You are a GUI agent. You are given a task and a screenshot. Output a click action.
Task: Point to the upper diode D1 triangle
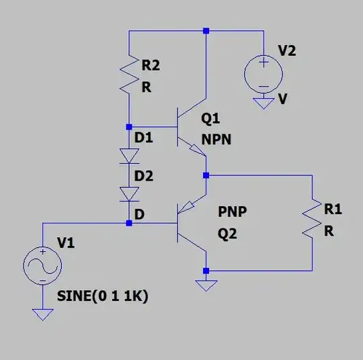(x=128, y=155)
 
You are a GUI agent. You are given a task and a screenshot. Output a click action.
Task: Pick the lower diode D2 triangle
(x=128, y=193)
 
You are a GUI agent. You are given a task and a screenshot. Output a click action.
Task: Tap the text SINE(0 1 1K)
(x=102, y=296)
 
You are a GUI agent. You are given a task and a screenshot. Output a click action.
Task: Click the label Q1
(x=210, y=119)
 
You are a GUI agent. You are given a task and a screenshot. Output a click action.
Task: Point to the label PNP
(x=233, y=212)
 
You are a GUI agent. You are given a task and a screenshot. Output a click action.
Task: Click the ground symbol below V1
(x=42, y=314)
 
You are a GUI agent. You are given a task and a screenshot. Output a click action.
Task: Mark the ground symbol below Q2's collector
(x=206, y=285)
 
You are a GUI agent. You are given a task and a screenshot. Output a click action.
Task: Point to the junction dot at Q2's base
(x=128, y=223)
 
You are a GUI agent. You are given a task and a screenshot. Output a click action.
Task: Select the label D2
(x=145, y=177)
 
